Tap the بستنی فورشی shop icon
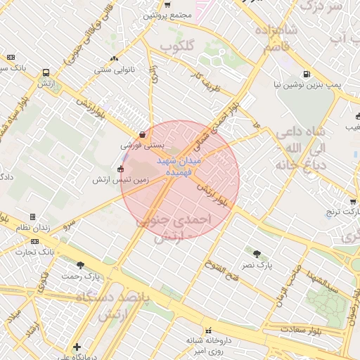click(x=143, y=134)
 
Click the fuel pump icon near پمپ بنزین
click(x=306, y=74)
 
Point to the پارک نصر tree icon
click(x=256, y=253)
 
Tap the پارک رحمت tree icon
click(x=80, y=265)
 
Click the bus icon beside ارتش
click(x=46, y=72)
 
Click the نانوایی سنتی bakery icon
click(x=114, y=58)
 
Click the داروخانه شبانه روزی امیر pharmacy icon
click(x=208, y=331)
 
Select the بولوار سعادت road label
click(x=302, y=329)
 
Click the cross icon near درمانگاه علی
click(x=77, y=347)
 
